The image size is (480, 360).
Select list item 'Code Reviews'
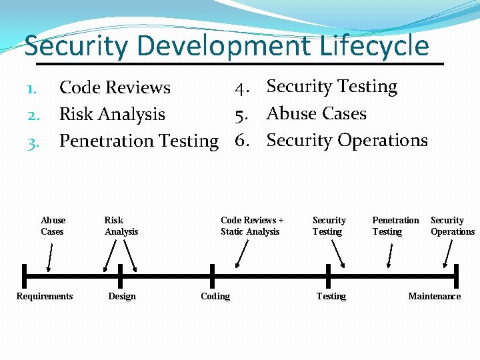115,87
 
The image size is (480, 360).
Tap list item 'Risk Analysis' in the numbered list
112,114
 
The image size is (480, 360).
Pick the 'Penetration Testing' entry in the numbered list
139,141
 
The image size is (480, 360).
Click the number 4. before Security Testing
242,87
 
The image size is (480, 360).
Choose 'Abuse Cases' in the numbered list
316,113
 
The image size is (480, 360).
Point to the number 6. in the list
242,141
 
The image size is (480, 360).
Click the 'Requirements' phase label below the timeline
45,296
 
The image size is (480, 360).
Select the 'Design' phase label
122,296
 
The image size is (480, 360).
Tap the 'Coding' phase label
215,296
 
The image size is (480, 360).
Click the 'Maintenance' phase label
434,296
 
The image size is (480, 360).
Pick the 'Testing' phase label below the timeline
331,296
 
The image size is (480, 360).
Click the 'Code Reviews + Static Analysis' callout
251,226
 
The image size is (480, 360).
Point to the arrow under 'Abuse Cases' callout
50,257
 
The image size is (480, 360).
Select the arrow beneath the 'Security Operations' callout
448,254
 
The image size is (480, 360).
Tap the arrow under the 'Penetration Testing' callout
391,255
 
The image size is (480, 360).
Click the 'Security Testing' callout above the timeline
329,226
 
